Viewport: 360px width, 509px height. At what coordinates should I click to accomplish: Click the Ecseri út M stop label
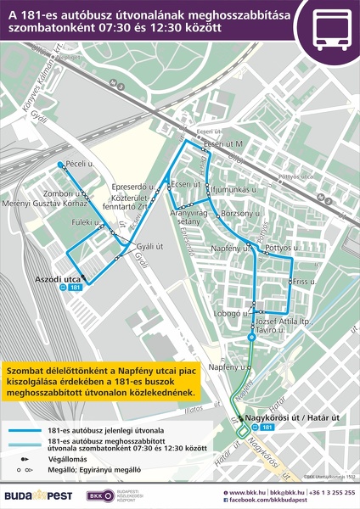click(223, 144)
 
